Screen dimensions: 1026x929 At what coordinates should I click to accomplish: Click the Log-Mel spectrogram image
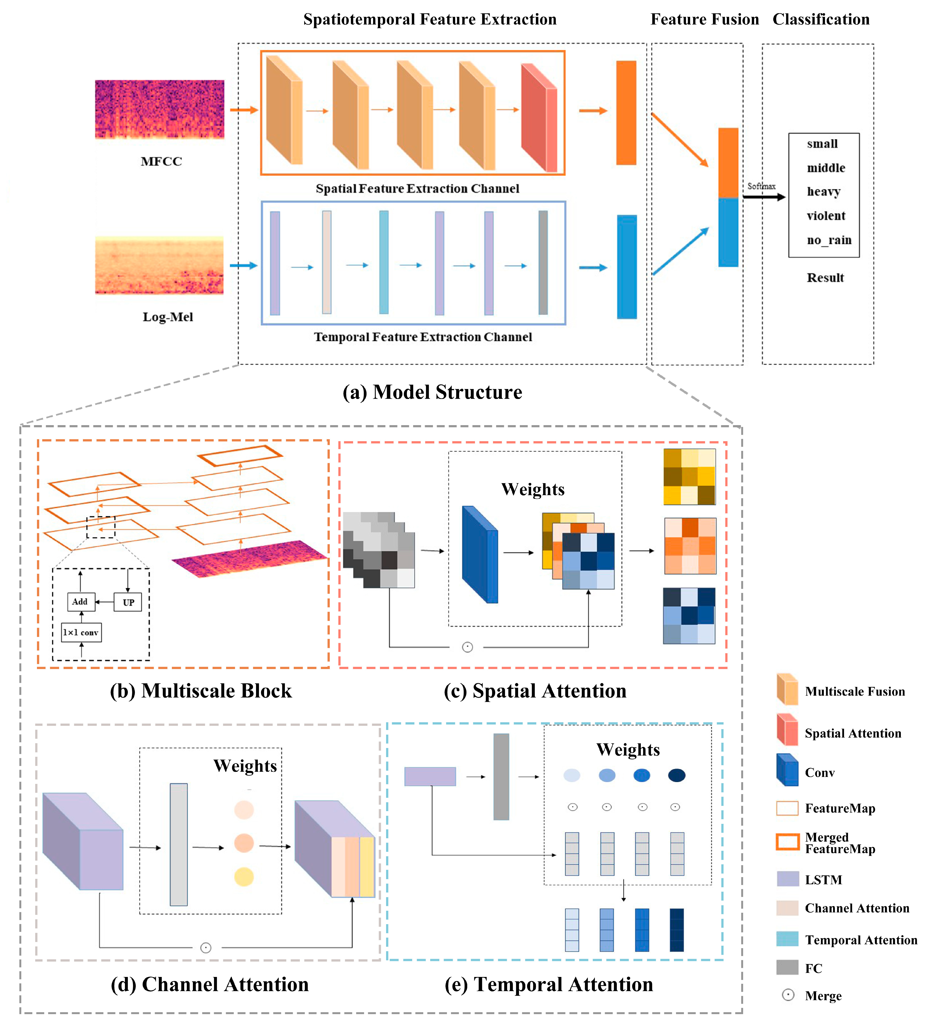coord(159,265)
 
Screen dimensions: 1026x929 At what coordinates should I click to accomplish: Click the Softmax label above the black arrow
coord(761,186)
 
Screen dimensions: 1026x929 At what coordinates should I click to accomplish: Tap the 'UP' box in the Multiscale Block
coord(128,602)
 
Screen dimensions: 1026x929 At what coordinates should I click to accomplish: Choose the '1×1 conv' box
coord(81,633)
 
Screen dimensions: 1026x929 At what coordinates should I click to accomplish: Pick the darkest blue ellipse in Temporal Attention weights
coord(676,775)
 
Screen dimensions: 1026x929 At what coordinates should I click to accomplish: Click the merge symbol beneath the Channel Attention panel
coord(206,948)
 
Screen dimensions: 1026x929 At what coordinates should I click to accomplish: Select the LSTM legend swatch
coord(787,879)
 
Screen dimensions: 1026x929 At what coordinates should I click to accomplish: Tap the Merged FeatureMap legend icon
coord(787,842)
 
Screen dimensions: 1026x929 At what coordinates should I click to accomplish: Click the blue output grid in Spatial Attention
coord(689,616)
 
